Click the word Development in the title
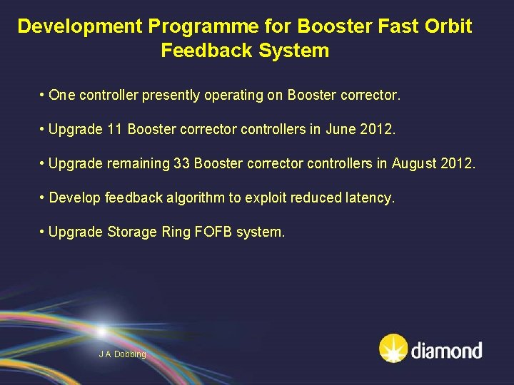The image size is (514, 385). coord(80,26)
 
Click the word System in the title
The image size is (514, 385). coord(295,51)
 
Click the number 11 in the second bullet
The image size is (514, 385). coord(114,130)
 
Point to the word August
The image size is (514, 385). coord(417,164)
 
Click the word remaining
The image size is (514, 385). coord(138,164)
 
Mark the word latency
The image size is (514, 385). coord(369,198)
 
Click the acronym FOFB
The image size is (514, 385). coord(212,232)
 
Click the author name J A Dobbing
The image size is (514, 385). coord(122,354)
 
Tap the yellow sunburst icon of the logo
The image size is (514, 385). coord(393,349)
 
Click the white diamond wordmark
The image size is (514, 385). coord(446,350)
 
